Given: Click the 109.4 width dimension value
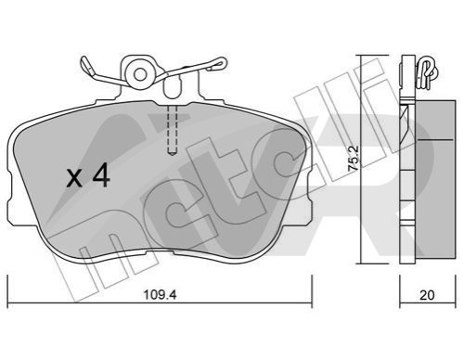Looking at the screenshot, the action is [160, 295].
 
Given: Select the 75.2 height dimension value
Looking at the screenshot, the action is [354, 159].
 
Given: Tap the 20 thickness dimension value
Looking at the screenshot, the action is [427, 295].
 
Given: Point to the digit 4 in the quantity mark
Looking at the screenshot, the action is [101, 175].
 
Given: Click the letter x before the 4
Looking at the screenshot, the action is [74, 178].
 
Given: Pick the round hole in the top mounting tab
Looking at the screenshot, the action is [140, 75].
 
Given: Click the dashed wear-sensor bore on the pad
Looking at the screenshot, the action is [172, 130].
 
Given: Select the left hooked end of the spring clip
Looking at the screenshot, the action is [87, 68].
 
